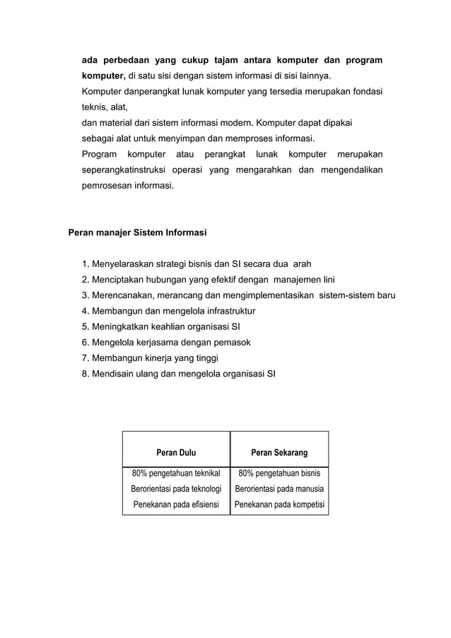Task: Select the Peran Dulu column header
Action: click(x=176, y=453)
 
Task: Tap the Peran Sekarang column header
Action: click(x=279, y=453)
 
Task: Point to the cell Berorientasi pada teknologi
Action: click(x=176, y=489)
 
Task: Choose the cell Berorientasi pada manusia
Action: click(x=279, y=489)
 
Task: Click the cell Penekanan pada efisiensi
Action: click(x=176, y=505)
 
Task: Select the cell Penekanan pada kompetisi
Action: click(x=279, y=505)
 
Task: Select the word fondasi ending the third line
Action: click(x=365, y=92)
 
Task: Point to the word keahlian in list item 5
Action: click(x=163, y=326)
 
